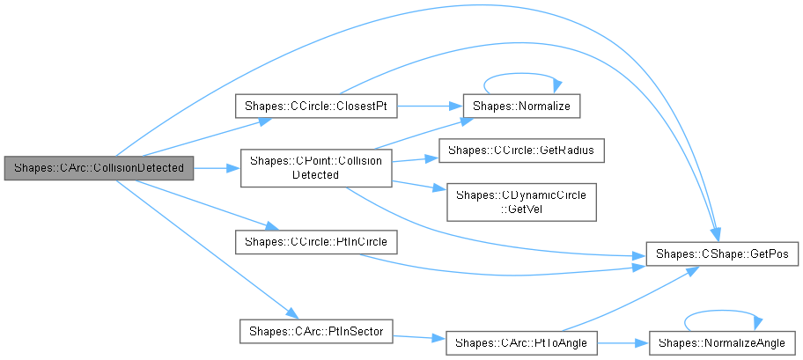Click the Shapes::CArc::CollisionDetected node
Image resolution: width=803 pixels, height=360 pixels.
(x=98, y=167)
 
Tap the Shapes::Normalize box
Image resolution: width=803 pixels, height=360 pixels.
(x=523, y=107)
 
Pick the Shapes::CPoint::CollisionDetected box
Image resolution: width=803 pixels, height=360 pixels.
(x=316, y=167)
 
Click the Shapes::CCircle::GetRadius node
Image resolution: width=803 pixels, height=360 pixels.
(x=521, y=151)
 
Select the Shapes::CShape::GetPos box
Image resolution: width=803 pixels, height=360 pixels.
(x=722, y=253)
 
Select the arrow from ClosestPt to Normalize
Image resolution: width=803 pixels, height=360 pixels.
(x=428, y=107)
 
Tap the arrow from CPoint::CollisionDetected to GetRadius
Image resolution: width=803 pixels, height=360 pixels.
(x=414, y=159)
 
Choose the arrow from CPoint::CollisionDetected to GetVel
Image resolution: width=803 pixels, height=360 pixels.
(x=419, y=184)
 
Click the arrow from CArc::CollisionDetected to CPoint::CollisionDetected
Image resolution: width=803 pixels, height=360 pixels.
(x=217, y=167)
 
